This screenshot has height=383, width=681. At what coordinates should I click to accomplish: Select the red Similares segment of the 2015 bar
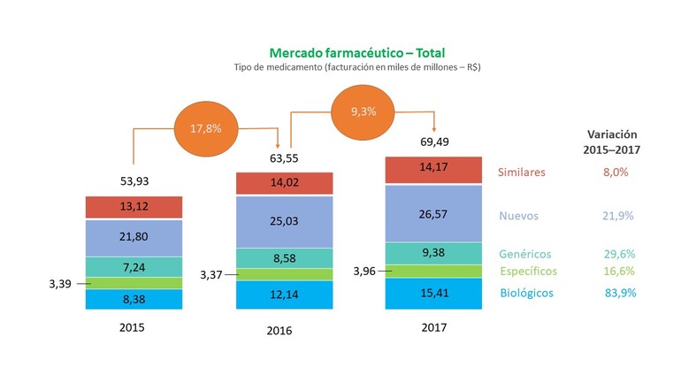click(x=134, y=208)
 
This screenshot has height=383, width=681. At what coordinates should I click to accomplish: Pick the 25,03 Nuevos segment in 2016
click(x=284, y=220)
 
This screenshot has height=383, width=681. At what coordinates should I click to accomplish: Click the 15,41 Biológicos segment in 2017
click(x=433, y=293)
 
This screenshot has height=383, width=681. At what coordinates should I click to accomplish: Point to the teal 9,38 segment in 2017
click(x=433, y=253)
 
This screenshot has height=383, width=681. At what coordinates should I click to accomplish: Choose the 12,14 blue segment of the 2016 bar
click(x=284, y=295)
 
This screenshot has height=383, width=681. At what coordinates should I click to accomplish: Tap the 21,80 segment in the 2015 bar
click(x=134, y=238)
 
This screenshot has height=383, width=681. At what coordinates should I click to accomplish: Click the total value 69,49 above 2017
click(x=433, y=142)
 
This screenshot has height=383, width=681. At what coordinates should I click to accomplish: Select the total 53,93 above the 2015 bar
click(x=134, y=181)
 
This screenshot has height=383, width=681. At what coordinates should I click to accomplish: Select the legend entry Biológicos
click(x=529, y=292)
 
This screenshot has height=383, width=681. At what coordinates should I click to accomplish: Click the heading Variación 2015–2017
click(x=614, y=142)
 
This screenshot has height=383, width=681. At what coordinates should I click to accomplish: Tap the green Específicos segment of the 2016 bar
click(x=284, y=274)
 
